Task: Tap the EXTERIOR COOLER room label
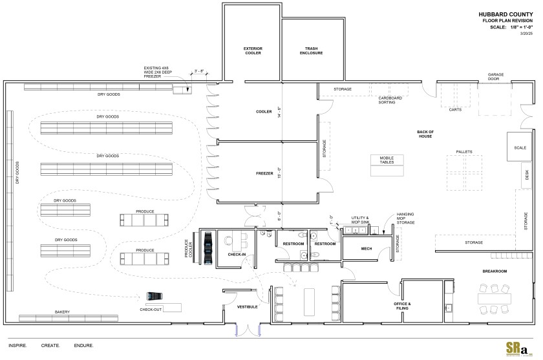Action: [x=253, y=50]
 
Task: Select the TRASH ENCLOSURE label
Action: [x=310, y=50]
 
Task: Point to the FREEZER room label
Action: [x=264, y=174]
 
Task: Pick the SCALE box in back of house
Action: [x=520, y=147]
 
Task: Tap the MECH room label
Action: [x=366, y=248]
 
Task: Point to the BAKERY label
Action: [x=62, y=312]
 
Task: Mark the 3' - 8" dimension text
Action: [x=198, y=72]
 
